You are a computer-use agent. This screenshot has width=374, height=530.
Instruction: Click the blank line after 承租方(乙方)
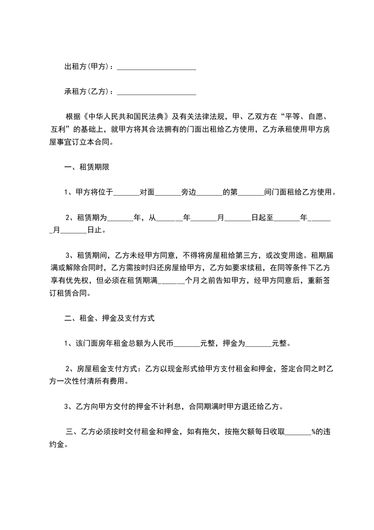[156, 92]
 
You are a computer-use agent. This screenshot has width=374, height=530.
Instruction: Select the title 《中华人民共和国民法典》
[125, 116]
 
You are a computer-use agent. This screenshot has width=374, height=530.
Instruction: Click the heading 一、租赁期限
[87, 168]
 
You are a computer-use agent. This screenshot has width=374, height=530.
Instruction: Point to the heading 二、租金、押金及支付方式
[109, 319]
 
